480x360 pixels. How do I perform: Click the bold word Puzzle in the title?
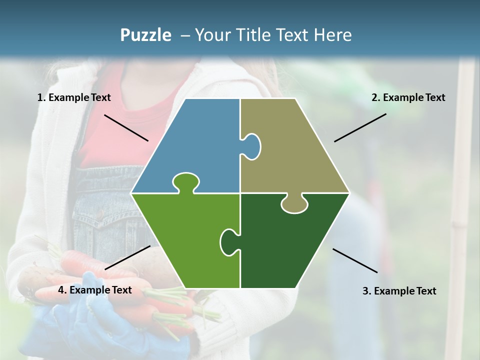click(x=145, y=35)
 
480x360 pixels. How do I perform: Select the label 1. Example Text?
click(x=74, y=98)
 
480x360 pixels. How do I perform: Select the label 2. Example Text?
click(x=408, y=98)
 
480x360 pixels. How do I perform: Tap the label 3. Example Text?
click(x=399, y=291)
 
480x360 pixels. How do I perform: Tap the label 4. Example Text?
click(x=95, y=290)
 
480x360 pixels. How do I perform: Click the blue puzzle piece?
click(x=195, y=145)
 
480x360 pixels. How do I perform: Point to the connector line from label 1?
click(x=126, y=127)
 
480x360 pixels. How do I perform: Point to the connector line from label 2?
click(x=360, y=127)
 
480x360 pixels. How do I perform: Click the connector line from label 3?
click(x=355, y=260)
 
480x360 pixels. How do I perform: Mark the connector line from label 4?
click(x=127, y=257)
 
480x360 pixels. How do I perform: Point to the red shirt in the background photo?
click(x=125, y=130)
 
